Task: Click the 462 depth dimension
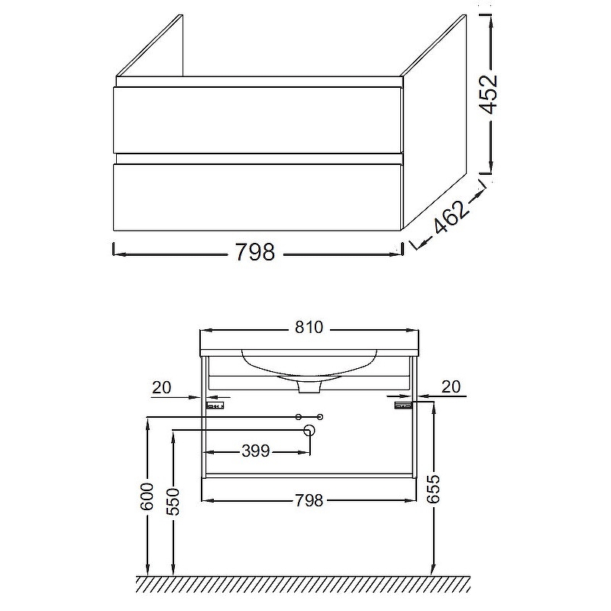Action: point(450,218)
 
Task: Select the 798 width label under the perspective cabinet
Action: point(255,252)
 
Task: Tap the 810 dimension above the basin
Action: point(309,328)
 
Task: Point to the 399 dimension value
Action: point(256,451)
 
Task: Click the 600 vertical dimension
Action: point(147,496)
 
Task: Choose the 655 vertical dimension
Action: point(433,489)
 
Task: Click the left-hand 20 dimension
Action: point(162,388)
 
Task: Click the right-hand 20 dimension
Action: point(451,387)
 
